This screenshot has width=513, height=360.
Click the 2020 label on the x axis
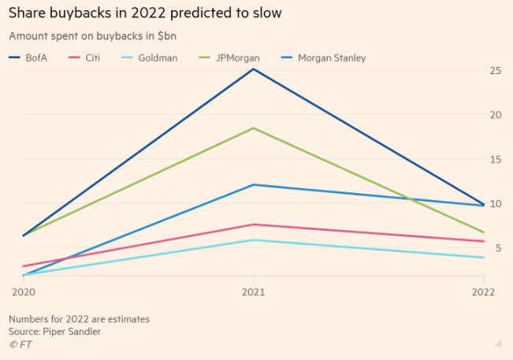point(23,291)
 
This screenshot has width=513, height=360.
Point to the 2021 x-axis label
point(253,291)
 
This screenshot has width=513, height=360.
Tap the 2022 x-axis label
point(482,291)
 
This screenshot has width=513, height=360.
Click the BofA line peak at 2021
point(253,69)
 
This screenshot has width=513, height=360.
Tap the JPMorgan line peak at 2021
point(253,128)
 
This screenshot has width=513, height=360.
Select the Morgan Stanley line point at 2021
point(253,184)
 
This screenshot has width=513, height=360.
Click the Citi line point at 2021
point(253,225)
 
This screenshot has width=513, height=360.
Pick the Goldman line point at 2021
point(253,239)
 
